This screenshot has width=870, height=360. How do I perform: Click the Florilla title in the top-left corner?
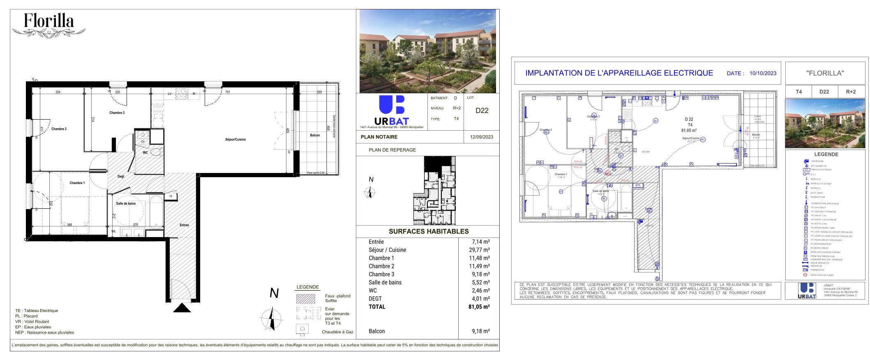click(x=48, y=21)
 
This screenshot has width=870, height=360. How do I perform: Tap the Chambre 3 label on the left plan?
click(x=117, y=113)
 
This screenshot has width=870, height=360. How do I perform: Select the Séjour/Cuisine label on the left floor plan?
click(x=235, y=139)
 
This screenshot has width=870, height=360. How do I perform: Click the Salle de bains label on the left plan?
click(x=126, y=203)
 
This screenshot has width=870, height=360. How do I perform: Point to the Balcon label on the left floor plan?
click(x=315, y=135)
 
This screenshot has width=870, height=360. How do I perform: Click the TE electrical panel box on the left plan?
click(x=171, y=196)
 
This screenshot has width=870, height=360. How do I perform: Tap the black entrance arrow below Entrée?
click(x=182, y=308)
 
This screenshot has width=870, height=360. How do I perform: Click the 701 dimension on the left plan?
click(x=228, y=92)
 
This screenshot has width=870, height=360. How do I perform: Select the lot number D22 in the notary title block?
click(x=482, y=111)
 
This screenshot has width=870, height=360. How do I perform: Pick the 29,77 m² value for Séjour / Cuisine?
click(x=480, y=250)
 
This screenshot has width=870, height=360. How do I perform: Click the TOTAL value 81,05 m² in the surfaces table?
click(x=480, y=307)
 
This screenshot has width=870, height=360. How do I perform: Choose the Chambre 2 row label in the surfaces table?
click(x=381, y=266)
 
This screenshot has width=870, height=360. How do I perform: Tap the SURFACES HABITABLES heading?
click(x=429, y=231)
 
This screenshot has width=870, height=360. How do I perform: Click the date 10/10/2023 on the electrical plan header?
click(x=763, y=73)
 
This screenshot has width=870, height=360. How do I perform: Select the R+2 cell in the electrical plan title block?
click(x=851, y=92)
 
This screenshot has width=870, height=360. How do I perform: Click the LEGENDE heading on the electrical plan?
click(x=826, y=155)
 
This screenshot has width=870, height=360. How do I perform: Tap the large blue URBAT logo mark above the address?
click(x=391, y=105)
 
